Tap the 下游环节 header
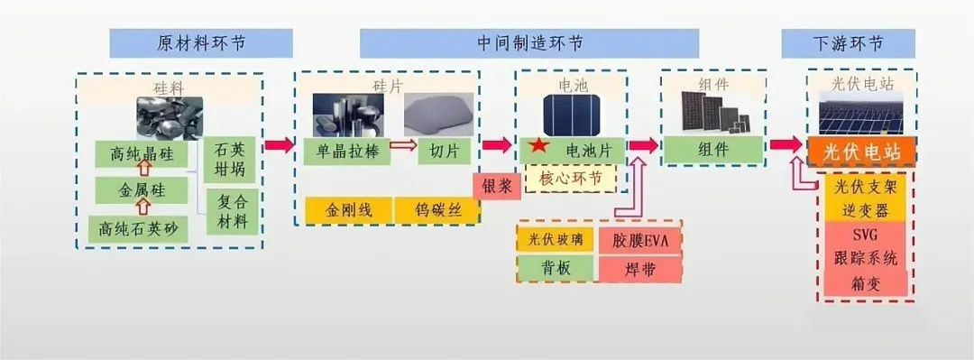click(x=844, y=42)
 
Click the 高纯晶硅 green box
click(x=142, y=154)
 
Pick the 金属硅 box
click(x=142, y=191)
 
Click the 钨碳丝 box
click(x=436, y=211)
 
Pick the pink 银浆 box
click(x=497, y=186)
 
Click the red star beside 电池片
click(x=538, y=146)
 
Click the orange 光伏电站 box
click(x=861, y=151)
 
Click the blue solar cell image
click(x=574, y=115)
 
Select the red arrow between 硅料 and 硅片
click(x=280, y=145)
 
